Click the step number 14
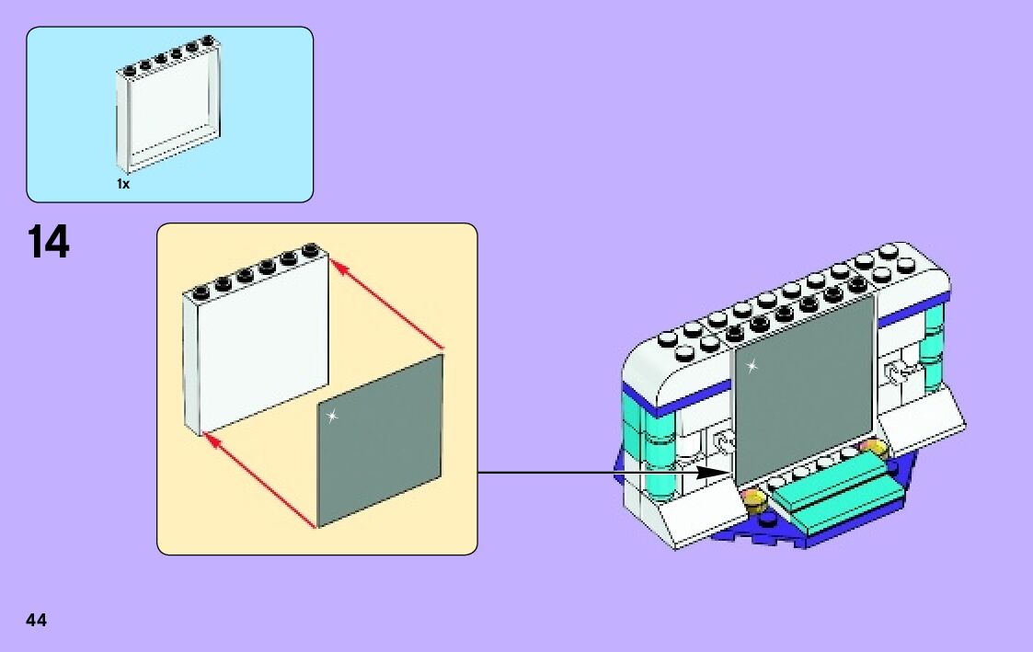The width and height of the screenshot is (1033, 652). (48, 242)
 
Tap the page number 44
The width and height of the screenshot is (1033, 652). (37, 620)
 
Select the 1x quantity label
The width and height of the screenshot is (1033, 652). (123, 184)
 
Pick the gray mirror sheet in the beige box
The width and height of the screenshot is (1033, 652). (380, 441)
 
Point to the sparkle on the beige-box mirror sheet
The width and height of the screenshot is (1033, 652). (332, 417)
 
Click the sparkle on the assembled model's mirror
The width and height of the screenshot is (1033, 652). (752, 367)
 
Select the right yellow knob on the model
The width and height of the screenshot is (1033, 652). (872, 450)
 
